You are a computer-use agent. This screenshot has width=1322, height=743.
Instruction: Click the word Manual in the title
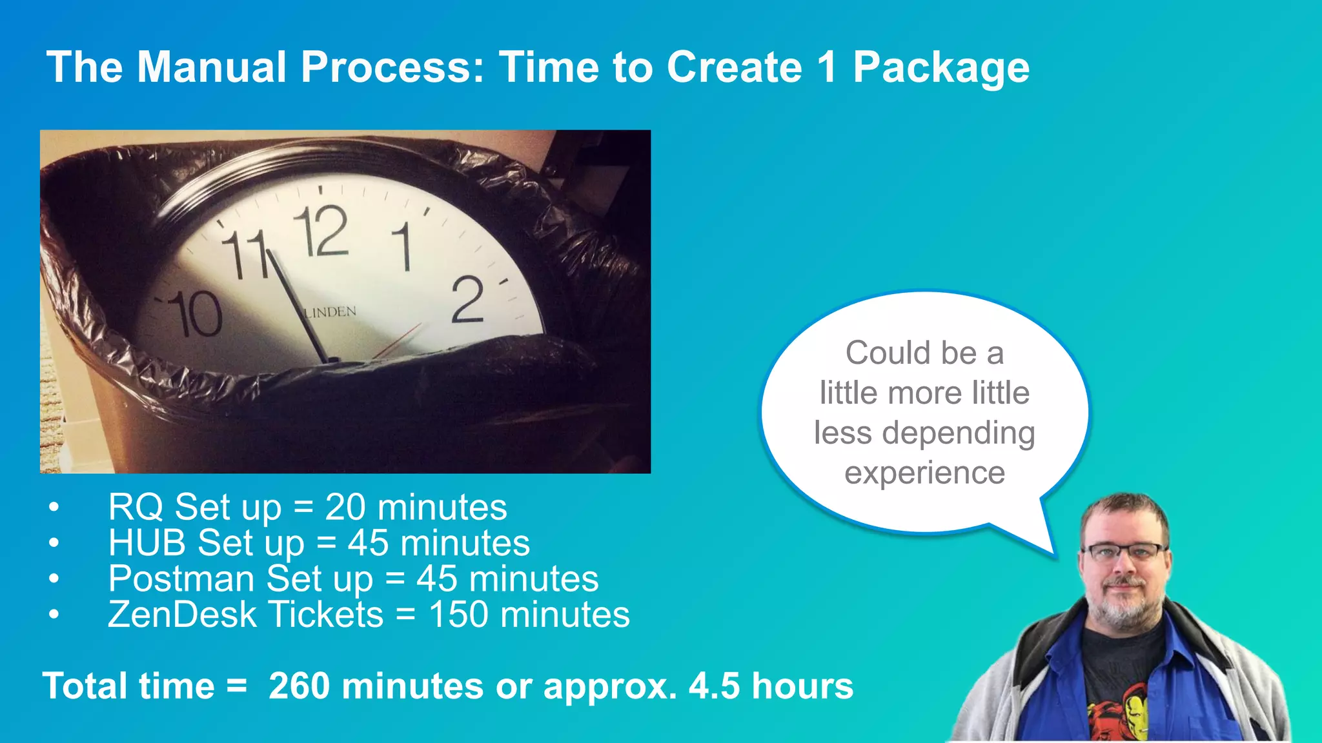(212, 68)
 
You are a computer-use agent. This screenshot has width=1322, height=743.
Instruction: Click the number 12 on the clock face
(321, 231)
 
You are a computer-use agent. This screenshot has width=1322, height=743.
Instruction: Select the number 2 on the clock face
(467, 299)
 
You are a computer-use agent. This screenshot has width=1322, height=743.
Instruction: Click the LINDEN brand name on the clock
(330, 312)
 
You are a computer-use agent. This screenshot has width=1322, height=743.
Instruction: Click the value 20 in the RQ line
(345, 508)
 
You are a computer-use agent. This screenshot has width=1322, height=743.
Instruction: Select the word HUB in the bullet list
(147, 543)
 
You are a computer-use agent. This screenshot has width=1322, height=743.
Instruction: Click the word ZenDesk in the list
(182, 615)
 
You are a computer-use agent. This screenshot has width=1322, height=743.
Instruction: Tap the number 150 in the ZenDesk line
(458, 615)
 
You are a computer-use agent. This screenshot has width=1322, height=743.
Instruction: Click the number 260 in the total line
(299, 686)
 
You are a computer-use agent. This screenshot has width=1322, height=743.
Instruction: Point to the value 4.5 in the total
(714, 686)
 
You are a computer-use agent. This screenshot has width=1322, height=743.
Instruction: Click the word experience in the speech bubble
(924, 473)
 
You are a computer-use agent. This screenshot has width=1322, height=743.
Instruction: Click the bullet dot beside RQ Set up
(54, 508)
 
